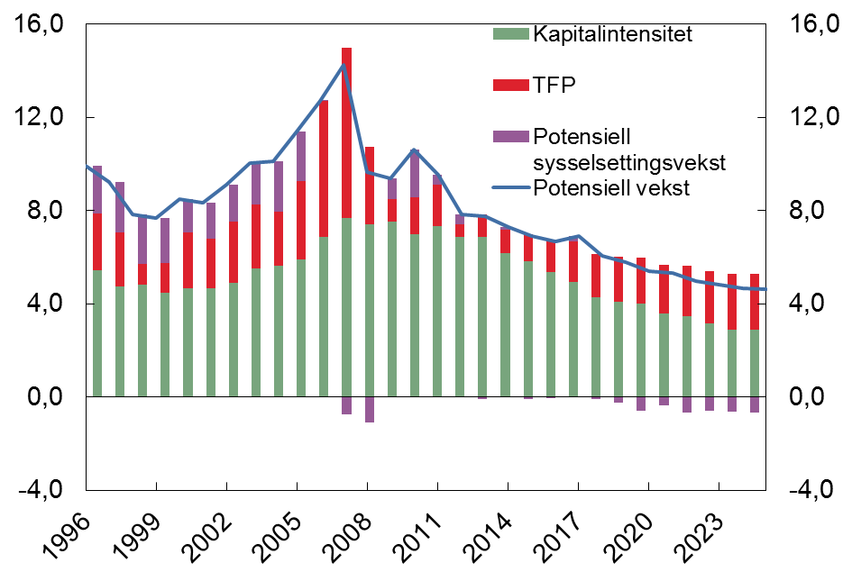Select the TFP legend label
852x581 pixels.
point(554,85)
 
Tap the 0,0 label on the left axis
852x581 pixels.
point(44,396)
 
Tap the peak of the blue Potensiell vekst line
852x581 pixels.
point(344,65)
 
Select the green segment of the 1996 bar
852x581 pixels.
point(96,333)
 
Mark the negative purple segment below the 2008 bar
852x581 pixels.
point(369,409)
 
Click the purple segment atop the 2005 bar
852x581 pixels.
point(301,156)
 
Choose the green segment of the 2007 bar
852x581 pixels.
point(346,306)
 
